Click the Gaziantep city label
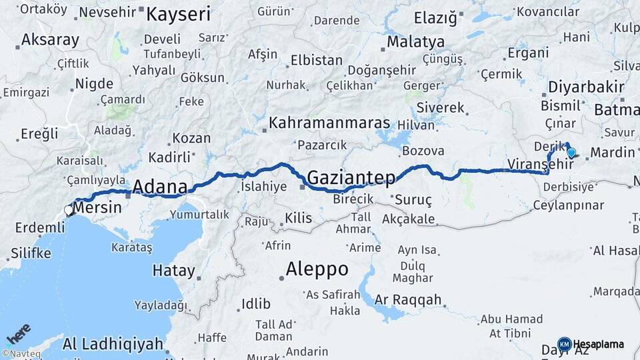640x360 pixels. click(x=351, y=177)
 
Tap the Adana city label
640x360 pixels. click(x=160, y=186)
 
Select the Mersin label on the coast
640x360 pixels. click(x=98, y=207)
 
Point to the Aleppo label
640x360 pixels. click(x=317, y=269)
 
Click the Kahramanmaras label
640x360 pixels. click(x=329, y=123)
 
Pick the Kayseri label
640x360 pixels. click(x=178, y=14)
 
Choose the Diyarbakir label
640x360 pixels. click(x=586, y=87)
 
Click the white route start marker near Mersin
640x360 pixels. click(x=69, y=211)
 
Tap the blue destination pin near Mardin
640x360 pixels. click(x=571, y=153)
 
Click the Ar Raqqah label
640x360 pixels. click(x=408, y=299)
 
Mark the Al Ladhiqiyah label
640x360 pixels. click(x=113, y=344)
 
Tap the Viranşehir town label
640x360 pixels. click(x=527, y=163)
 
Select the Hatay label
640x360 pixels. click(x=174, y=271)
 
